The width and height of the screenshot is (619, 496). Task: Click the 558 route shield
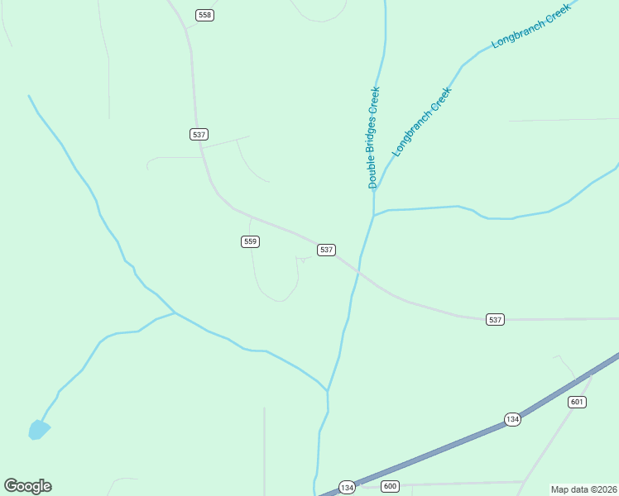click(x=205, y=15)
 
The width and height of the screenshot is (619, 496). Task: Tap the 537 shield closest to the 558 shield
click(x=199, y=134)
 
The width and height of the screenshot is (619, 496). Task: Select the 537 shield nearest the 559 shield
click(x=326, y=250)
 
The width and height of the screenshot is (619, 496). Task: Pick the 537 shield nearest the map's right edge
click(x=495, y=319)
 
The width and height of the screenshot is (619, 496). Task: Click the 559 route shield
click(x=251, y=241)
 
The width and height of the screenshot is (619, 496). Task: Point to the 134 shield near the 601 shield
click(x=513, y=419)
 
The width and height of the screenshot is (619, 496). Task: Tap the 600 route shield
click(x=390, y=486)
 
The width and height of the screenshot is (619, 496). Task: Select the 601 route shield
click(x=578, y=402)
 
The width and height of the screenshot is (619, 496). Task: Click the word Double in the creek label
click(x=372, y=171)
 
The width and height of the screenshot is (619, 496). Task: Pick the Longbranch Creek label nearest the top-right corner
click(x=532, y=31)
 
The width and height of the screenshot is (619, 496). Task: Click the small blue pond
click(x=38, y=429)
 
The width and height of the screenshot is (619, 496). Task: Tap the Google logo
click(x=27, y=486)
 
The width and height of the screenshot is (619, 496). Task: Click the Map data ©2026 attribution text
click(x=583, y=489)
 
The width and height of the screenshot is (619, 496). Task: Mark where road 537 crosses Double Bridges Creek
click(x=358, y=270)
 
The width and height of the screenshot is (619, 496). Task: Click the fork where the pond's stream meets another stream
click(x=175, y=312)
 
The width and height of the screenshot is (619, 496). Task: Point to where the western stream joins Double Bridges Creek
click(x=328, y=390)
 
